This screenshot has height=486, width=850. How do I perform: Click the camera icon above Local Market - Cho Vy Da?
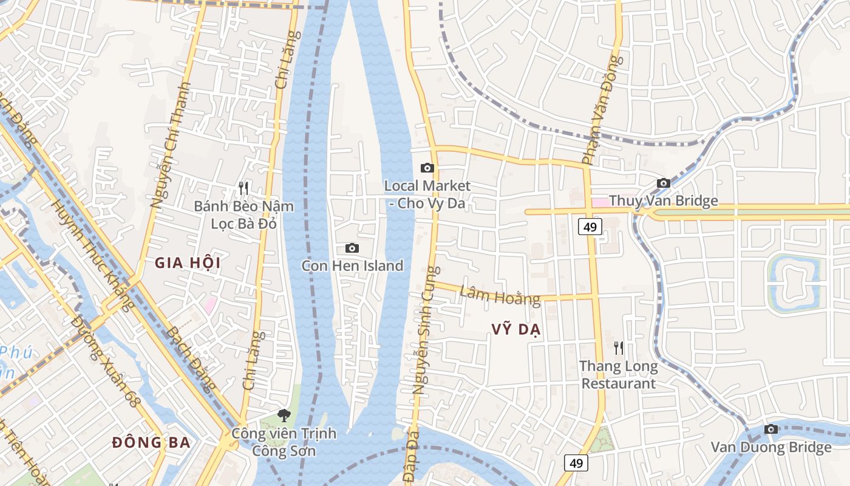(x=427, y=168)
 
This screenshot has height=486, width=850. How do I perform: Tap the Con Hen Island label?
(x=352, y=265)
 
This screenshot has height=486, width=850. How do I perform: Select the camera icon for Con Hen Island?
(x=352, y=248)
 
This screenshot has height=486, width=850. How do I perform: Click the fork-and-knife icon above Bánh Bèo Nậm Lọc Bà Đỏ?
(x=243, y=188)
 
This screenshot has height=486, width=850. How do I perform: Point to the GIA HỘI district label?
(x=188, y=263)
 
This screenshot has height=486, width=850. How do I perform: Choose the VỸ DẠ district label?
(x=516, y=329)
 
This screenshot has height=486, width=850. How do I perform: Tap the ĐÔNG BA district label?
(x=151, y=442)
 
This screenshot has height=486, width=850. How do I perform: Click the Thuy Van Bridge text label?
(x=663, y=200)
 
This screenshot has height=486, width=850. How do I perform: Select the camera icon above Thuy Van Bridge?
(x=663, y=183)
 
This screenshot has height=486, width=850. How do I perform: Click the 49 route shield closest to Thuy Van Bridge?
(x=590, y=227)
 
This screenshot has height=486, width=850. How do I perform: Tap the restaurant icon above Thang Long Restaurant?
(x=618, y=348)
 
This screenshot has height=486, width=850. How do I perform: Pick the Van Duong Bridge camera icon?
(x=771, y=430)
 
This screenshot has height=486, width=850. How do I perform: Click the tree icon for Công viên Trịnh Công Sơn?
(x=283, y=416)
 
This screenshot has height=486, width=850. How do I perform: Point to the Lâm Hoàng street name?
(x=500, y=295)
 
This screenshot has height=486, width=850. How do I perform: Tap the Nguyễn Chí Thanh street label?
(x=170, y=146)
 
